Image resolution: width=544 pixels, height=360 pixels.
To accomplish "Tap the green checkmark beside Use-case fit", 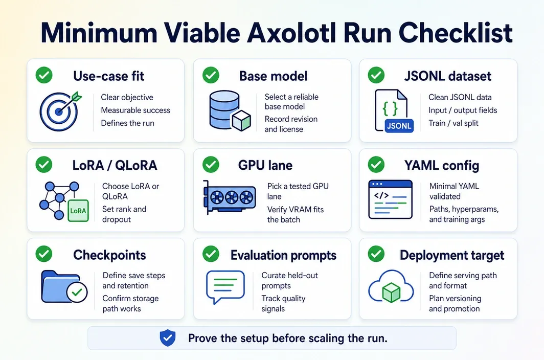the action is pos(44,75).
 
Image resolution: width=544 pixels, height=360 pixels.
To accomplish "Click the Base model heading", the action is pos(273,76).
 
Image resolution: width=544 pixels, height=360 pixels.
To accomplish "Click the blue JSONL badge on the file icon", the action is pos(399,126).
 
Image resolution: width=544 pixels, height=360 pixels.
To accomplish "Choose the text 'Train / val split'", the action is pos(453,123).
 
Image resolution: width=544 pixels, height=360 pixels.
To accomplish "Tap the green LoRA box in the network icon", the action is pos(78,211).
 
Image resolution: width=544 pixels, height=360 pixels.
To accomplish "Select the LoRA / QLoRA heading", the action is pos(115,165).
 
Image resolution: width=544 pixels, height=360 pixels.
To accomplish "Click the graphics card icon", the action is pos(230,197).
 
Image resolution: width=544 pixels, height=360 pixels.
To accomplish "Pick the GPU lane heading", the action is pos(265,165).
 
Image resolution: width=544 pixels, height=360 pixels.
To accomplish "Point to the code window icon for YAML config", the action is pos(390,199).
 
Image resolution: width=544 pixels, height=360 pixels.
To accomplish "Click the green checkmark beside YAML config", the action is pos(376,165).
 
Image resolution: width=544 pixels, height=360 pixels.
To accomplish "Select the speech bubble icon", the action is pos(225,287).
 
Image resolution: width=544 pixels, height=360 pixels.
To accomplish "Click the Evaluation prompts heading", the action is pos(283,255).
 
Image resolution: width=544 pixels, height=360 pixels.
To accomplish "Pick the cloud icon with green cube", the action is pos(391,287).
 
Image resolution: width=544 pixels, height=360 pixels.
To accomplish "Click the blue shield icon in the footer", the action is pos(168,338).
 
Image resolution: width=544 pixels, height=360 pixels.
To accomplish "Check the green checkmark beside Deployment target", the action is pos(376,254).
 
